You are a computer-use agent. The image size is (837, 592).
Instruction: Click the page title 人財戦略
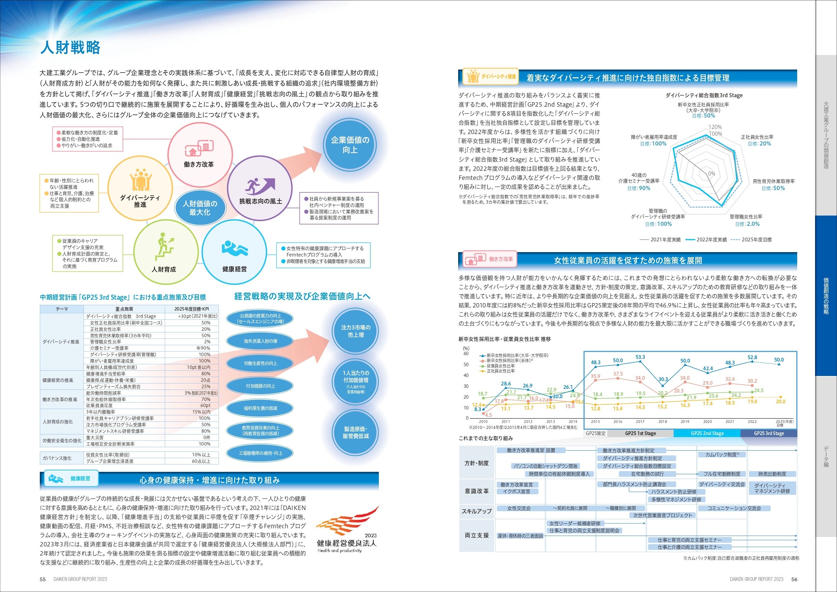pyautogui.click(x=70, y=47)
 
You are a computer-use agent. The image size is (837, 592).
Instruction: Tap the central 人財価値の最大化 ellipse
pyautogui.click(x=200, y=208)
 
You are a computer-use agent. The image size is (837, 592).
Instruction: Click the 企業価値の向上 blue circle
pyautogui.click(x=350, y=145)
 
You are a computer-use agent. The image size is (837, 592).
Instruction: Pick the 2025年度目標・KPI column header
pyautogui.click(x=191, y=309)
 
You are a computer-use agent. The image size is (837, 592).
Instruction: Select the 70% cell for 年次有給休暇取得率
pyautogui.click(x=205, y=399)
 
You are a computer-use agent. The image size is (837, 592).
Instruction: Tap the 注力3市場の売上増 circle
pyautogui.click(x=356, y=331)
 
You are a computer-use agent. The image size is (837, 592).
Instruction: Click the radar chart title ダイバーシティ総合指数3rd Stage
pyautogui.click(x=704, y=96)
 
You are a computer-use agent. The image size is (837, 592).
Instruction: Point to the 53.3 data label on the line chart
pyautogui.click(x=640, y=357)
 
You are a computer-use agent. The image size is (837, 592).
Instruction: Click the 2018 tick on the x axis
pyautogui.click(x=662, y=422)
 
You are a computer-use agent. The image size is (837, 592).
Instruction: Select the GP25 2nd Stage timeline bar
pyautogui.click(x=707, y=433)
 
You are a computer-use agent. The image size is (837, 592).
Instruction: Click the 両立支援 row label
pyautogui.click(x=476, y=535)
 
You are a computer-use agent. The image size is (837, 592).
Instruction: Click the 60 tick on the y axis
pyautogui.click(x=466, y=353)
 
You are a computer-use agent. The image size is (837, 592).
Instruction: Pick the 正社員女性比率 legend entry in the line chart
pyautogui.click(x=500, y=371)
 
